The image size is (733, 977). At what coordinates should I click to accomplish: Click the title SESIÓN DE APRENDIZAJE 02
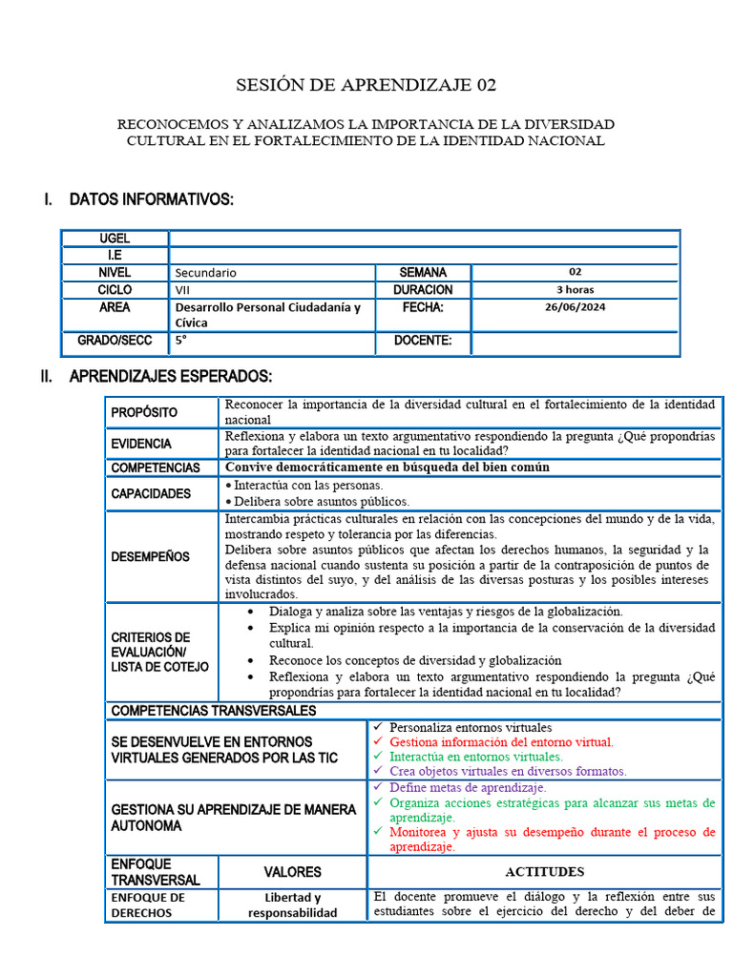pos(366,85)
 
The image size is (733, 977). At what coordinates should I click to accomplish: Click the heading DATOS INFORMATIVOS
pos(151,199)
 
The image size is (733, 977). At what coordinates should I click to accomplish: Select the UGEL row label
pos(115,239)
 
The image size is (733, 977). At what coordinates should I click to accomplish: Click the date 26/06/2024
pos(575,307)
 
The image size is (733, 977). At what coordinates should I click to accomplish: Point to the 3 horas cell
pos(575,290)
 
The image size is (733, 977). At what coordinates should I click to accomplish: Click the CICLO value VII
pos(182,290)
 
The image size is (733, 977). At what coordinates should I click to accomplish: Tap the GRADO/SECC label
pos(115,342)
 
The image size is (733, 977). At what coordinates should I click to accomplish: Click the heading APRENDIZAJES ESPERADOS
pos(171,377)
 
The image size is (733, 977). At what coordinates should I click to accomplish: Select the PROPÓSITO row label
pos(144,412)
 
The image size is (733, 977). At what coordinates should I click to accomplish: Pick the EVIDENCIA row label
pos(141,444)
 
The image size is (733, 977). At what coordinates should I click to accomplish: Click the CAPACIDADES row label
pos(151,493)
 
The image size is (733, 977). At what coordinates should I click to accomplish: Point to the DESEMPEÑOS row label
pos(150,556)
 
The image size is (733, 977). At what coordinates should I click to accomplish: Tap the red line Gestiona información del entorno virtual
pos(501,741)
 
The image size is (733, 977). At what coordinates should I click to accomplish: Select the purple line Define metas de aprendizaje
pos(468,788)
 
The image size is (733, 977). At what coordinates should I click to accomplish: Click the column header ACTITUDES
pos(544,871)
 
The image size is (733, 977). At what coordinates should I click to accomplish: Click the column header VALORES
pos(292,871)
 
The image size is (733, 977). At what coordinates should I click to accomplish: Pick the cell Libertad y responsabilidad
pos(292,904)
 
